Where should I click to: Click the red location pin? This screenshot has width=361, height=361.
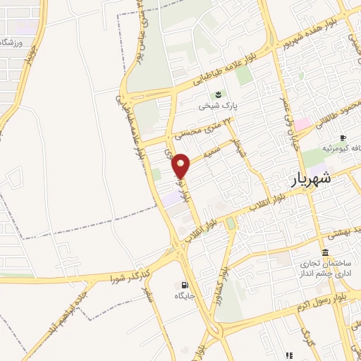tap(182, 165)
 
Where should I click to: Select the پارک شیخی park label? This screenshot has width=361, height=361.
tap(215, 106)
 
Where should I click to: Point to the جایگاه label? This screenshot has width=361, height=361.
tap(185, 296)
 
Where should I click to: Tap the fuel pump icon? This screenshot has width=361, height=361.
tap(185, 285)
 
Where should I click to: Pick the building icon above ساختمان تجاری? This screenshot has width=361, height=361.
tap(325, 252)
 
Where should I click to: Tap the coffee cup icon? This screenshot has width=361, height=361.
tap(343, 137)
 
